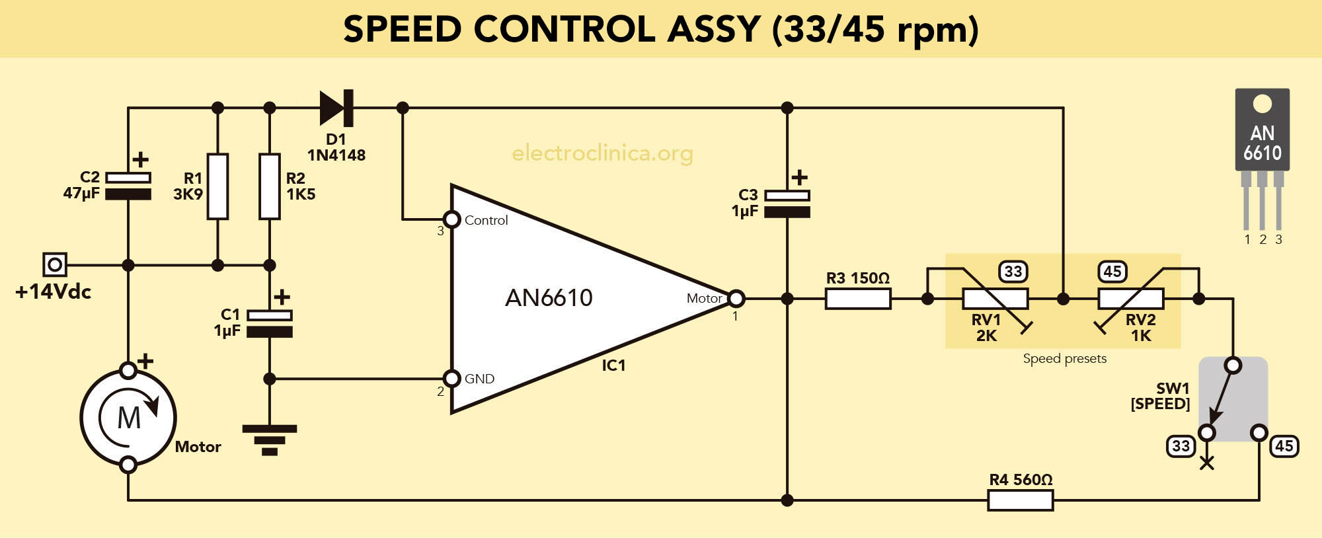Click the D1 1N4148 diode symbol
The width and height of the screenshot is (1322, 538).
click(336, 108)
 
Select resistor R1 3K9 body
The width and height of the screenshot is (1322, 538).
click(217, 186)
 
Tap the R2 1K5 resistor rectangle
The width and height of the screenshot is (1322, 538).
click(269, 186)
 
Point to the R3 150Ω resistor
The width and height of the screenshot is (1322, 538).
click(858, 299)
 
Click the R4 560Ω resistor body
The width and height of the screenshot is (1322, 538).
click(1020, 500)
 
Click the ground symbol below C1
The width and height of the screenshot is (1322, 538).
click(269, 440)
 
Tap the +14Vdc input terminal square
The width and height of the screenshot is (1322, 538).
click(54, 265)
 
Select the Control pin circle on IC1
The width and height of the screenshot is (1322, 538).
click(451, 219)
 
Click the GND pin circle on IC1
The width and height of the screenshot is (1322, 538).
click(451, 379)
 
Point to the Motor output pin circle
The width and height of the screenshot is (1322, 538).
click(736, 299)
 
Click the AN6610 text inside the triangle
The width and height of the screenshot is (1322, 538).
click(549, 298)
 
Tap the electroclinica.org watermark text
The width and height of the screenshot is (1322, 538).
click(602, 153)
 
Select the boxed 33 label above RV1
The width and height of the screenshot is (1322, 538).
click(1013, 272)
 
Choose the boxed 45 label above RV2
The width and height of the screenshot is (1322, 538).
click(1112, 272)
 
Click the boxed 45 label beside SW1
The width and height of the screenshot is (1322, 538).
click(1284, 446)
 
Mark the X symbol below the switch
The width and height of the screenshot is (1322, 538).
click(1207, 463)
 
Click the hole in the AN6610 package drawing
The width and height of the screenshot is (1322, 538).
click(1262, 104)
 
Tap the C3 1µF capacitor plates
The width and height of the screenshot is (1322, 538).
click(787, 204)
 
